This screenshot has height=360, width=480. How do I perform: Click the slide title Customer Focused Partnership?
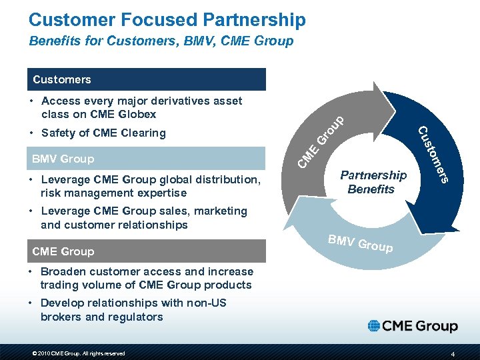167,20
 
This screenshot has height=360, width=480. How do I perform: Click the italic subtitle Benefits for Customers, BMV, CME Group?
161,41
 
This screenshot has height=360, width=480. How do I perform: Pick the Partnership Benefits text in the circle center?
373,182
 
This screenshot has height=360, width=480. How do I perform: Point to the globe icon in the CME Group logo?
375,326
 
